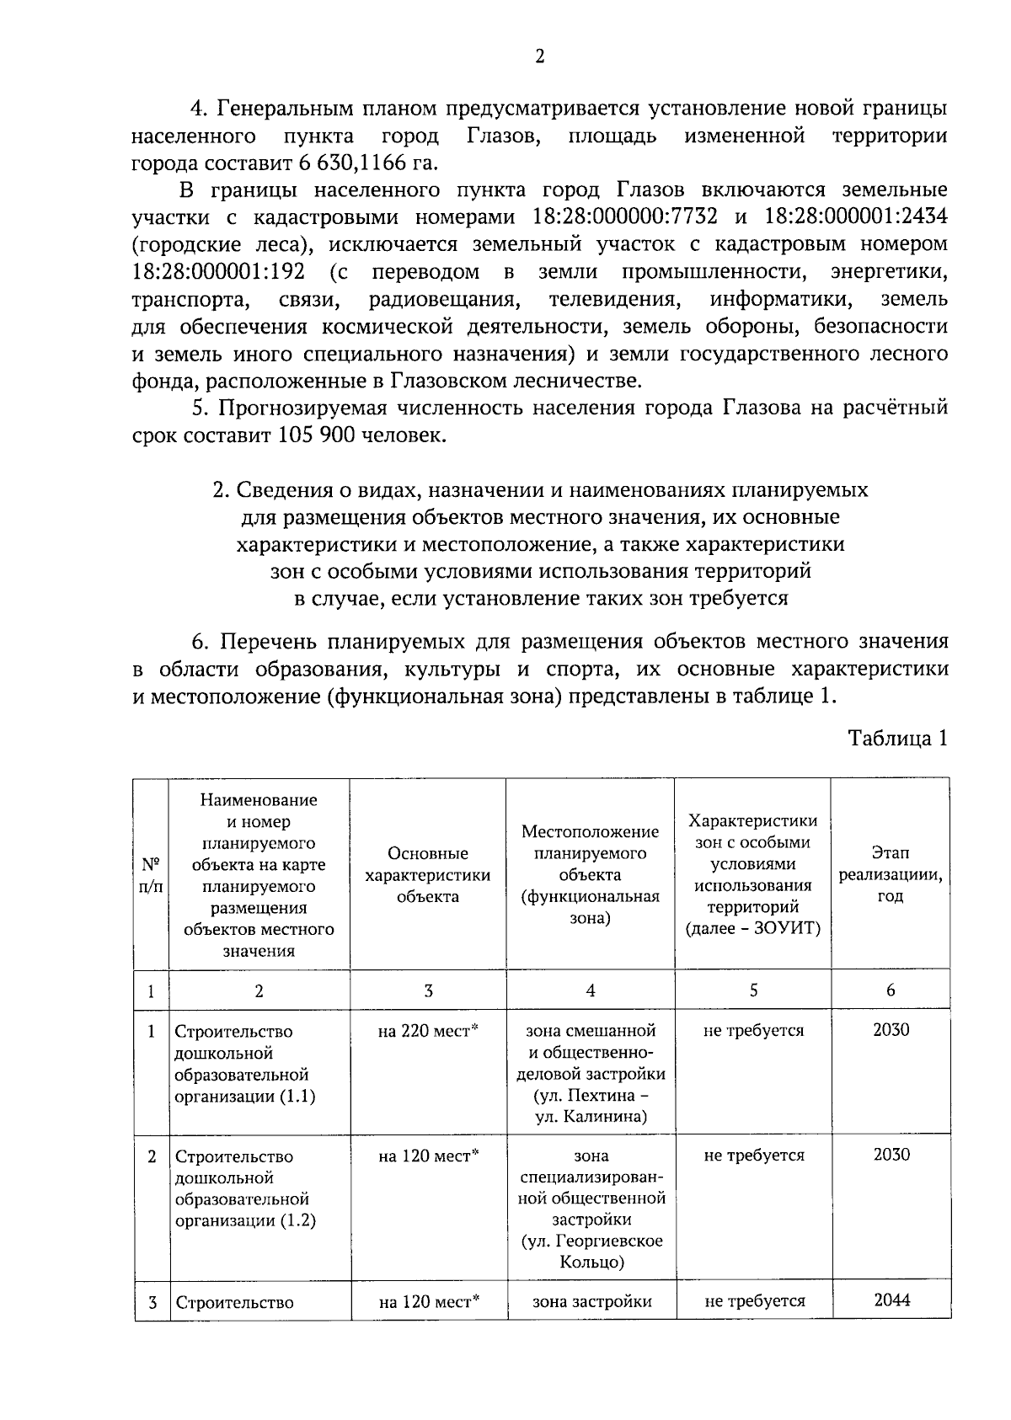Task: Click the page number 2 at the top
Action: pos(539,56)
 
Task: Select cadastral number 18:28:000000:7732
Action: pos(625,217)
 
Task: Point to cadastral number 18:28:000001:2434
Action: pos(855,217)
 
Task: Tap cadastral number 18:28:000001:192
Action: pos(223,272)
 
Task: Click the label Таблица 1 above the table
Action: pos(897,739)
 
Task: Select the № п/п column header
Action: pos(151,875)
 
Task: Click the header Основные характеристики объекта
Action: pos(427,875)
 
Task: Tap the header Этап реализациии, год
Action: pos(890,875)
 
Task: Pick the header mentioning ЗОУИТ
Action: pos(752,875)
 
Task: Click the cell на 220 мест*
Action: pos(428,1031)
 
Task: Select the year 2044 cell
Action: pos(891,1300)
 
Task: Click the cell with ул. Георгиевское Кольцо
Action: pos(591,1252)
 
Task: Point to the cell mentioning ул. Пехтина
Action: pos(591,1096)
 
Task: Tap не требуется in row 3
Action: pos(754,1301)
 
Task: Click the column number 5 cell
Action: pos(753,990)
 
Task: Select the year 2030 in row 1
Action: pos(891,1030)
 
